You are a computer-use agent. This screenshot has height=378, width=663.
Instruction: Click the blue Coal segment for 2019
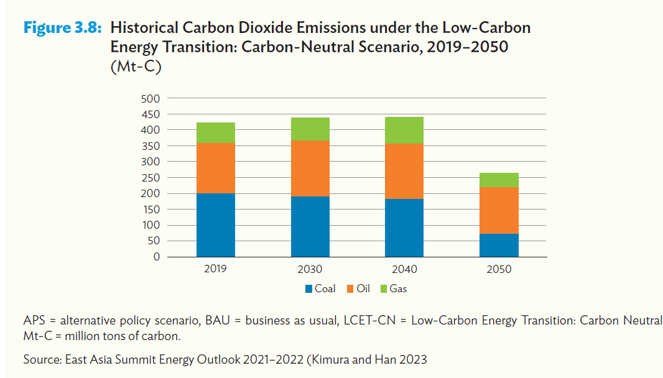pos(215,225)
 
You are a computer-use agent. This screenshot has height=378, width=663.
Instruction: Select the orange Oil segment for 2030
pos(310,168)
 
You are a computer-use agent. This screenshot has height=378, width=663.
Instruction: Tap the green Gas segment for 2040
pos(404,131)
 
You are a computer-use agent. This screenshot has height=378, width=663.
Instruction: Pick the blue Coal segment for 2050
pos(499,245)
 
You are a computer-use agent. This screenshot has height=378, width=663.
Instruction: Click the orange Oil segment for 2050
pos(499,210)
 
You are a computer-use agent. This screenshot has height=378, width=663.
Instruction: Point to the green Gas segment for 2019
pos(215,133)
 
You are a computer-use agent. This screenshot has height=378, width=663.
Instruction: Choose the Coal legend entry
pos(320,288)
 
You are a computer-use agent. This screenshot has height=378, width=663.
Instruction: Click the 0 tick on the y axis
pos(155,257)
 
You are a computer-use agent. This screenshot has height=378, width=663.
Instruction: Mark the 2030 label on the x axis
pos(310,269)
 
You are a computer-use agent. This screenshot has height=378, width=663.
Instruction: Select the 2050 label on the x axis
pos(499,269)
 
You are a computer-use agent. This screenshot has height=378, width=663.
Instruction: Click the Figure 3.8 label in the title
pos(63,28)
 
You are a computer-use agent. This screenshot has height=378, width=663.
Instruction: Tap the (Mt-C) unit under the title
pos(135,68)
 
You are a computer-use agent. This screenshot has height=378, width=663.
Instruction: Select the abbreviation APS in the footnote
pos(34,321)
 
